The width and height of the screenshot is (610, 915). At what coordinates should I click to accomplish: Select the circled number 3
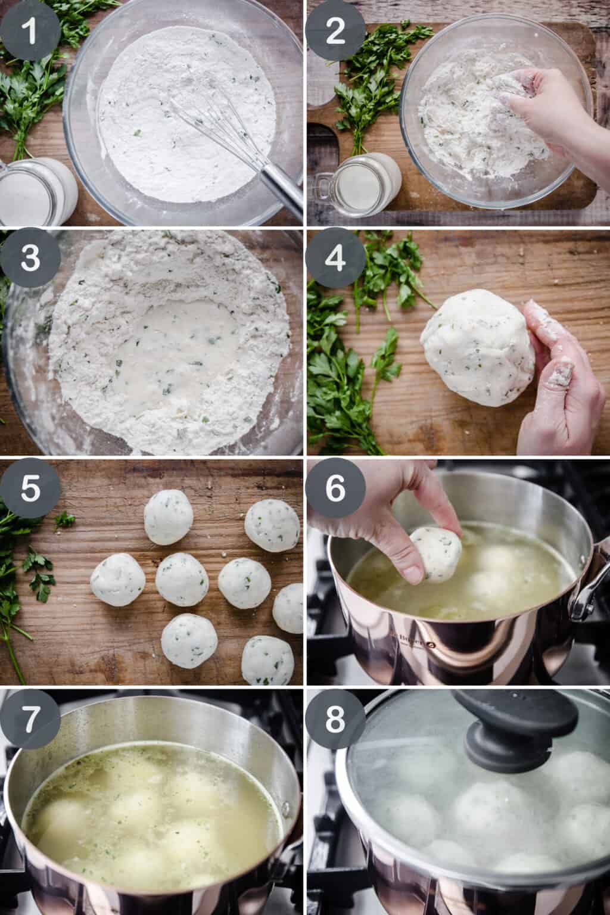[30, 259]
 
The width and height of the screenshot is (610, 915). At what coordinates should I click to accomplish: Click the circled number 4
[335, 259]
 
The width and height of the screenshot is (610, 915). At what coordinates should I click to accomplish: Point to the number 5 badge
[30, 488]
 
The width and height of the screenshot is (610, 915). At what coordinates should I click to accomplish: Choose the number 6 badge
[335, 488]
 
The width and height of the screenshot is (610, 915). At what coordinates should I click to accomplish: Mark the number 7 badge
[30, 718]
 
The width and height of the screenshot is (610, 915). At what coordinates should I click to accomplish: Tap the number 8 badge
[335, 718]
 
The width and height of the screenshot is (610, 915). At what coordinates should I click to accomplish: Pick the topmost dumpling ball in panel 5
[169, 517]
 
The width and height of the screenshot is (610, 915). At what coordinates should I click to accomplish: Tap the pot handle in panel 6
[590, 590]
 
